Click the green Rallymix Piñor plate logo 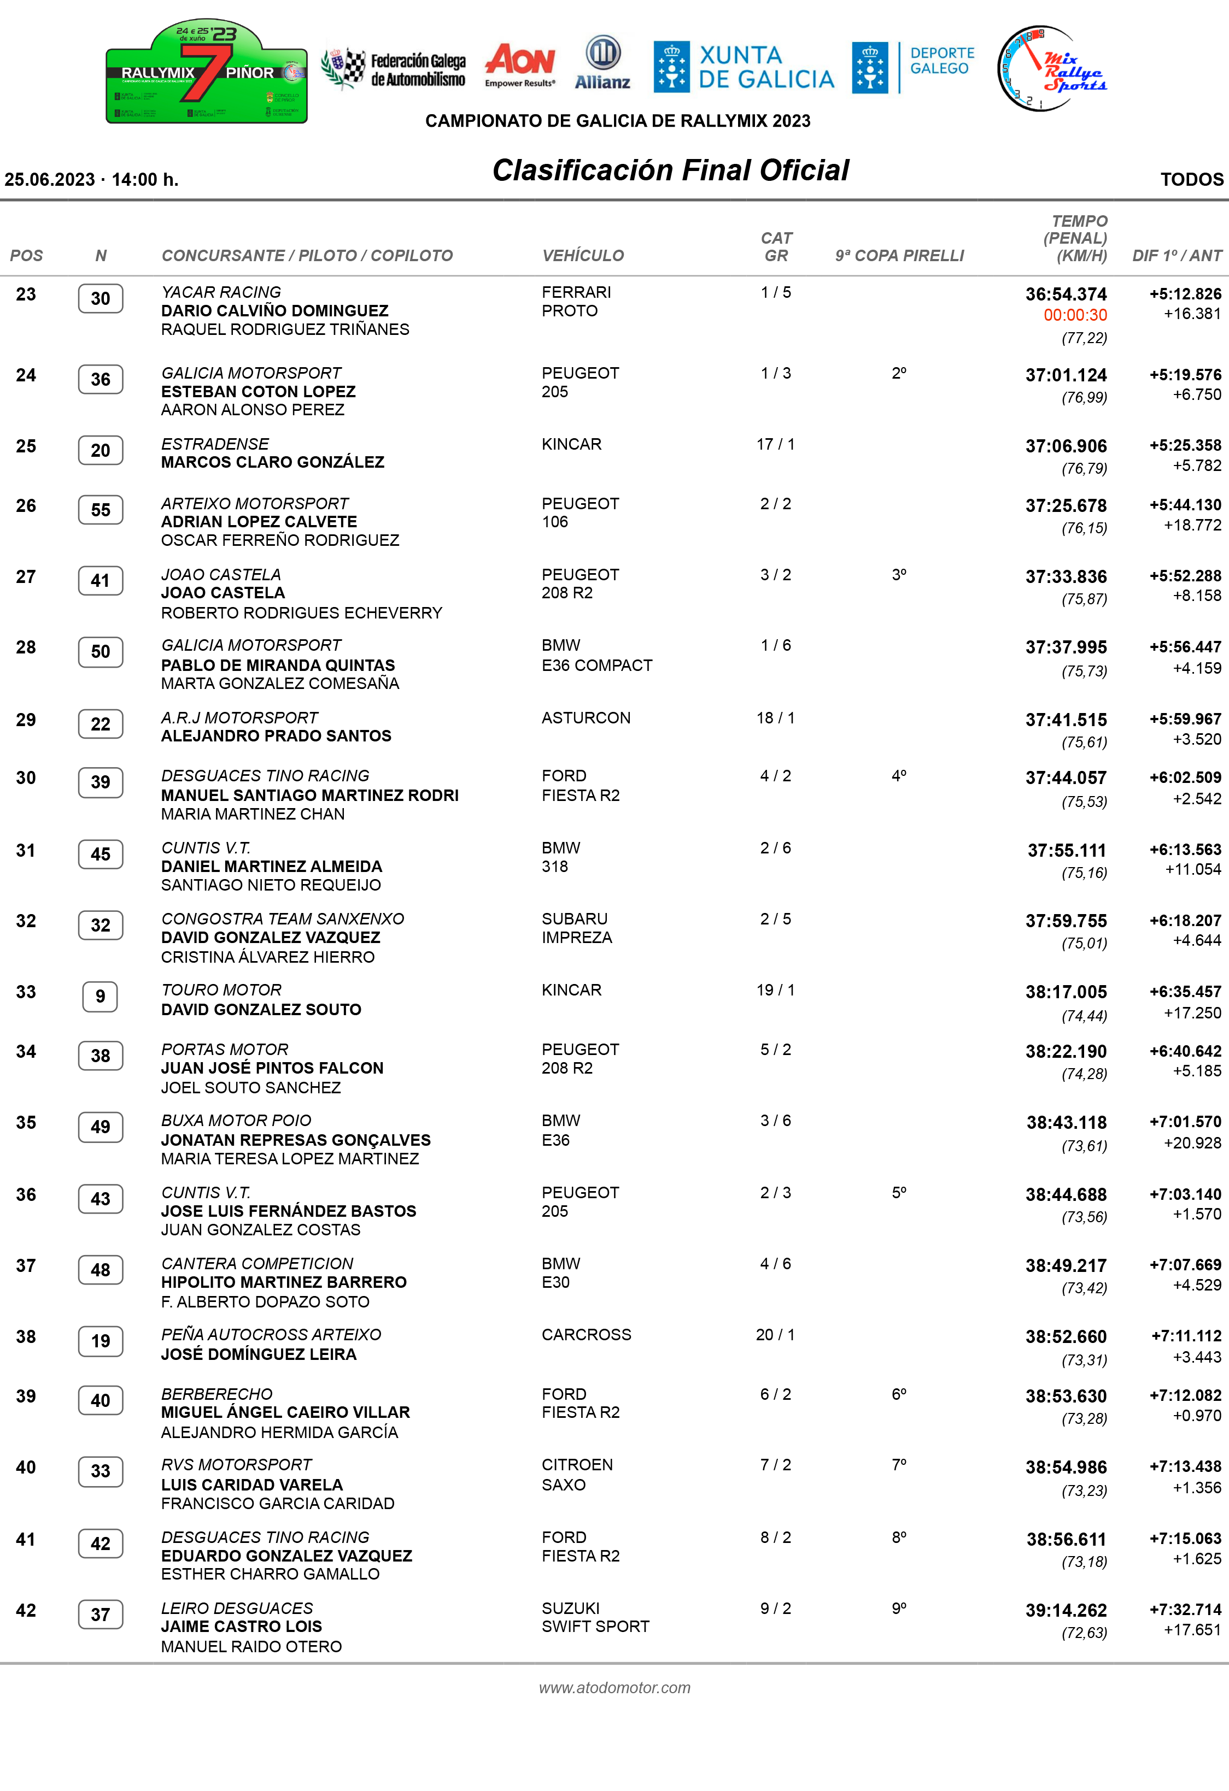pos(207,72)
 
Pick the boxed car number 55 pos(100,510)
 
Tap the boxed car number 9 pos(100,997)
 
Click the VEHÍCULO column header pos(583,256)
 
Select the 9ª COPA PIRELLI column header pos(899,256)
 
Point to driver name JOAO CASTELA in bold pos(223,593)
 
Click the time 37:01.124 pos(1066,375)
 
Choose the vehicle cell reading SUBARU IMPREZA pos(577,928)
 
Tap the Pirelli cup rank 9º pos(899,1607)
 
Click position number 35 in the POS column pos(26,1123)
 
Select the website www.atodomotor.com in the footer pos(614,1687)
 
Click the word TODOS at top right pos(1191,180)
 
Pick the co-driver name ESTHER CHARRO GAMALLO pos(270,1574)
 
